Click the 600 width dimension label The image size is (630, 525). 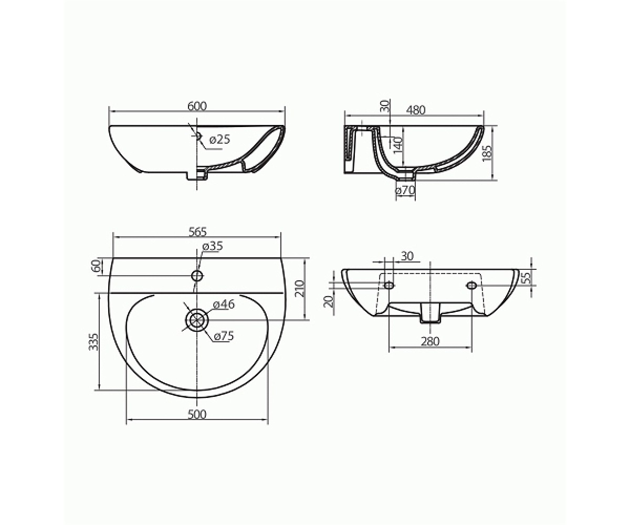(197, 106)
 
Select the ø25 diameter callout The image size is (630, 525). (219, 140)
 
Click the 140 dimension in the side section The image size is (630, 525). (398, 146)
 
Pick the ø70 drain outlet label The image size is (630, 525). (405, 191)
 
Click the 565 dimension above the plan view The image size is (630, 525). (197, 232)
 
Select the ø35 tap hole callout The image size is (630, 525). (213, 246)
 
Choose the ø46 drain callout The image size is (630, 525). (224, 304)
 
